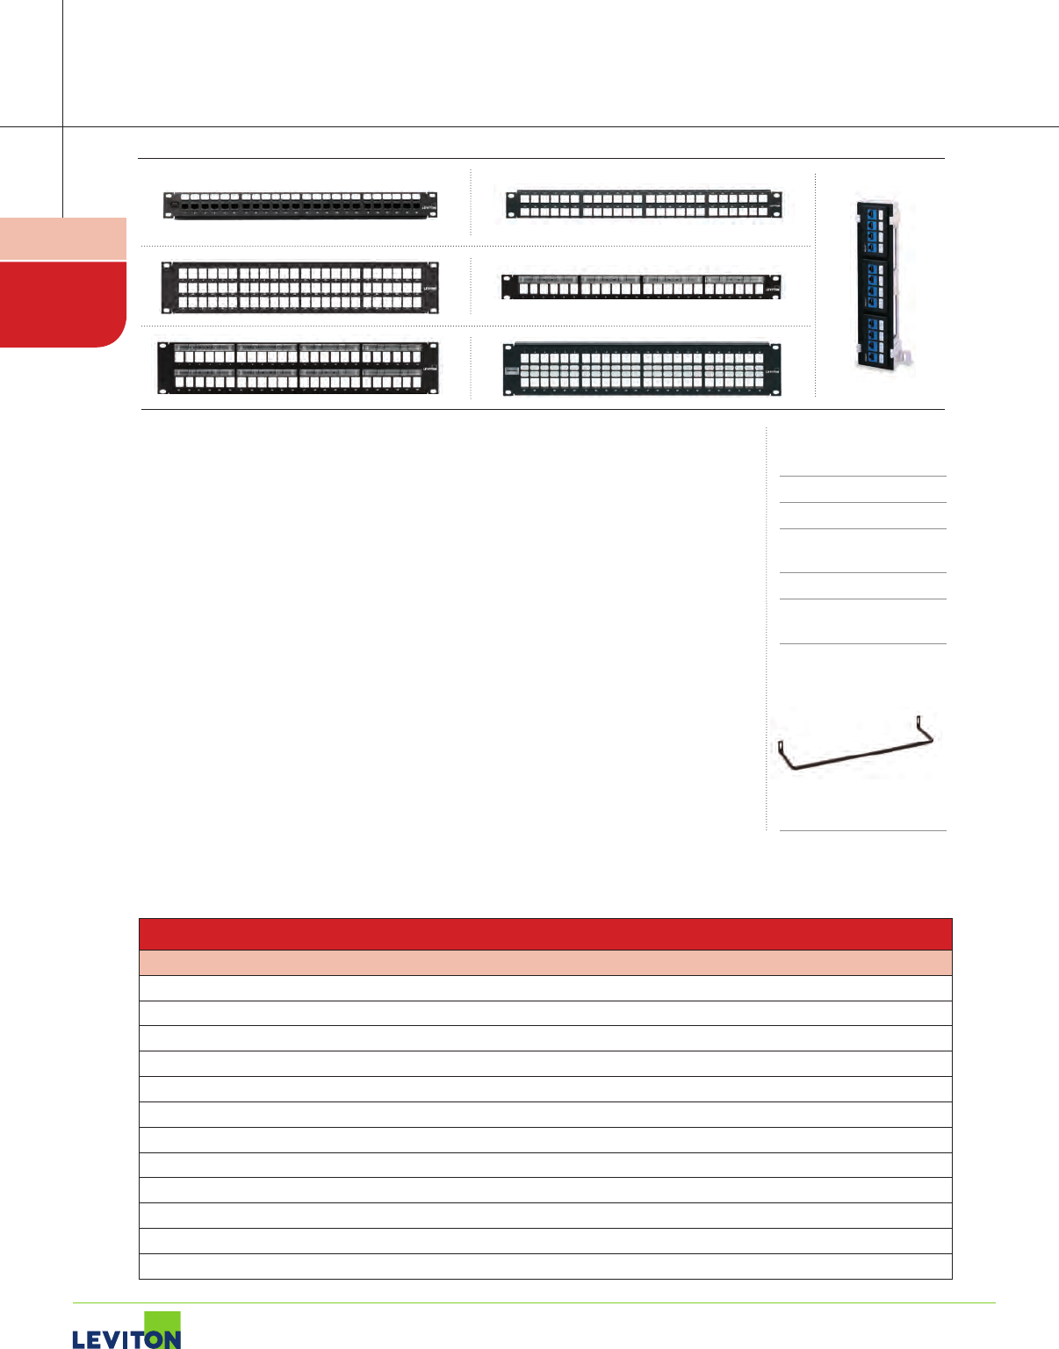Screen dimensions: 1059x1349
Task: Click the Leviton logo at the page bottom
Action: [x=126, y=1332]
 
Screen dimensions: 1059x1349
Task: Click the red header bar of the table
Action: [x=545, y=934]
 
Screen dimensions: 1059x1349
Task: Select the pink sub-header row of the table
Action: [x=545, y=963]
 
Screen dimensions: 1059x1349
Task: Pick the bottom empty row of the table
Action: [x=545, y=1266]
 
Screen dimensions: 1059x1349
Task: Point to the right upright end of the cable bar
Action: [x=923, y=728]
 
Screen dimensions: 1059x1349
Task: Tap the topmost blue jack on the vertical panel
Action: [x=874, y=213]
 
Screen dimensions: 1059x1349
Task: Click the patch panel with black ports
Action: [x=299, y=205]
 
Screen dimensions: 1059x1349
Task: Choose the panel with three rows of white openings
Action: [x=299, y=287]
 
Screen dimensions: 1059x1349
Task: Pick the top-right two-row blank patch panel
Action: [x=643, y=205]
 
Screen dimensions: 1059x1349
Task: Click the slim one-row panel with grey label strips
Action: [x=641, y=286]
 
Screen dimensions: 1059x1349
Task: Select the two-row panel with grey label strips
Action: [x=299, y=368]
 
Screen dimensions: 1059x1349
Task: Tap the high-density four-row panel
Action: [x=641, y=370]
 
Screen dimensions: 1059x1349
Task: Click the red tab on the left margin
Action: [x=61, y=304]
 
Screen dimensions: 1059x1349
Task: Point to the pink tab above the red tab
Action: [x=62, y=238]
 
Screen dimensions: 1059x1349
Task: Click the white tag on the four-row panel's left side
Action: [x=511, y=370]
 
